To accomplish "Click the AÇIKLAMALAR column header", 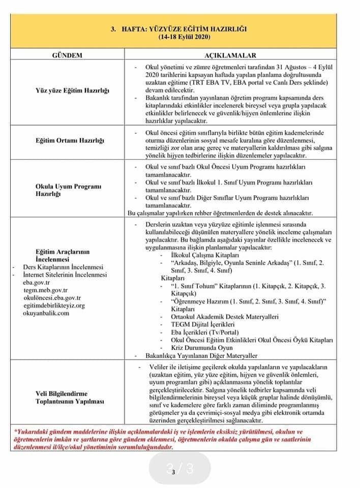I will click(x=230, y=55).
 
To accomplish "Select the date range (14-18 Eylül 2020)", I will click(x=184, y=38).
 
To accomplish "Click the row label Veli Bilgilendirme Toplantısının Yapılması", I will click(x=70, y=397).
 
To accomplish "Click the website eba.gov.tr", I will click(x=37, y=283).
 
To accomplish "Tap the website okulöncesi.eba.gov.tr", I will click(x=52, y=298).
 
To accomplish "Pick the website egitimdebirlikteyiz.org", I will click(x=54, y=306).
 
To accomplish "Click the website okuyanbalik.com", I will click(x=46, y=313).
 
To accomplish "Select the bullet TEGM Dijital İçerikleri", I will click(x=202, y=324).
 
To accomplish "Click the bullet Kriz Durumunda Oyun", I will click(x=202, y=348).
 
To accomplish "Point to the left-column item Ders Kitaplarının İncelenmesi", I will click(x=63, y=267).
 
